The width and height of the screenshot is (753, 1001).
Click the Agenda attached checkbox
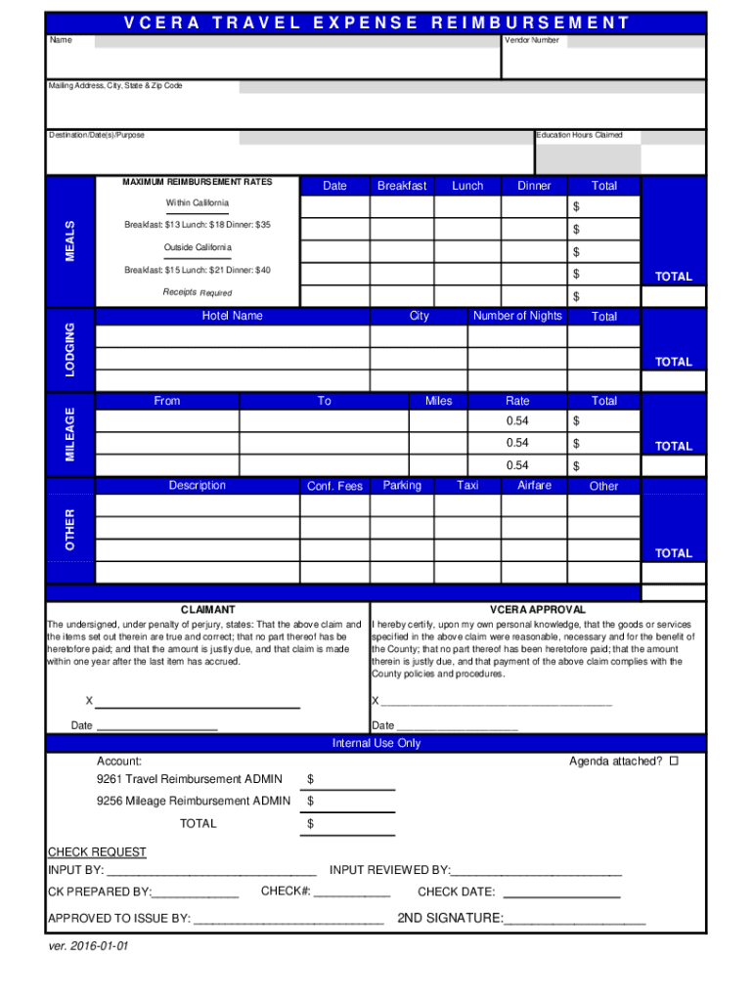point(673,762)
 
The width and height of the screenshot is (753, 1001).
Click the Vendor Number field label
point(532,41)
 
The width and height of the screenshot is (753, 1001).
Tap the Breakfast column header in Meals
point(402,186)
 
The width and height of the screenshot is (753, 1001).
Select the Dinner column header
point(534,186)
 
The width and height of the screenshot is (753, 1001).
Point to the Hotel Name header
point(232,316)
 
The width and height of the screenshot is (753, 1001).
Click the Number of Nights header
point(517,316)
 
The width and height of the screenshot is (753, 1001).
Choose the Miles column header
point(439,401)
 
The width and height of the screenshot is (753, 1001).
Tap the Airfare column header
point(534,486)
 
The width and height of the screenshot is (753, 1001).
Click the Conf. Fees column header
point(334,486)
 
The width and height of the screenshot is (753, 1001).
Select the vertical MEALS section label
point(70,240)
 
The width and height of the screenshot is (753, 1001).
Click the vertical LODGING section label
point(70,348)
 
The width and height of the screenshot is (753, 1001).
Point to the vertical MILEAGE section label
point(70,434)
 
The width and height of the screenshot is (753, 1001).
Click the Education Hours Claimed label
point(579,135)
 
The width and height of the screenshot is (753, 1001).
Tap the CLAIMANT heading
point(207,609)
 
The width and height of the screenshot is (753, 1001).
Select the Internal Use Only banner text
point(376,744)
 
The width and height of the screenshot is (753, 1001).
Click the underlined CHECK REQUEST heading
point(97,852)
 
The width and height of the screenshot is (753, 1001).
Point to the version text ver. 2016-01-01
point(89,947)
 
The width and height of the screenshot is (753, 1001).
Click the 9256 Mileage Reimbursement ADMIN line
point(194,802)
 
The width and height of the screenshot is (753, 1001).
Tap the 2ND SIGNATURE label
point(450,918)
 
